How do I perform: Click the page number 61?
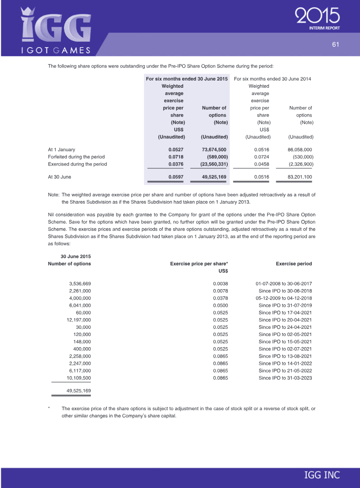pyautogui.click(x=335, y=44)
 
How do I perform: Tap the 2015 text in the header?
pyautogui.click(x=318, y=17)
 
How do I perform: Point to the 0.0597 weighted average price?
pyautogui.click(x=176, y=177)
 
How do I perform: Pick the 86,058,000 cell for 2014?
pyautogui.click(x=299, y=149)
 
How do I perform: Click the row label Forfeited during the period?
pyautogui.click(x=76, y=157)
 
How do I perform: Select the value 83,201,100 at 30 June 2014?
pyautogui.click(x=299, y=177)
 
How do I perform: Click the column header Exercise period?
pyautogui.click(x=294, y=264)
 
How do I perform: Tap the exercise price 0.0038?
pyautogui.click(x=220, y=284)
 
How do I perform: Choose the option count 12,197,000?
pyautogui.click(x=79, y=320)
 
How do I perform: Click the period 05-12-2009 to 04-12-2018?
pyautogui.click(x=283, y=298)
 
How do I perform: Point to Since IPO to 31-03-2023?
pyautogui.click(x=285, y=378)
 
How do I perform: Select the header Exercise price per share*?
pyautogui.click(x=199, y=264)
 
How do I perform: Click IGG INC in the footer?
pyautogui.click(x=322, y=475)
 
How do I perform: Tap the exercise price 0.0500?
pyautogui.click(x=220, y=305)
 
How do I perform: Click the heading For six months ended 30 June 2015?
pyautogui.click(x=187, y=79)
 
